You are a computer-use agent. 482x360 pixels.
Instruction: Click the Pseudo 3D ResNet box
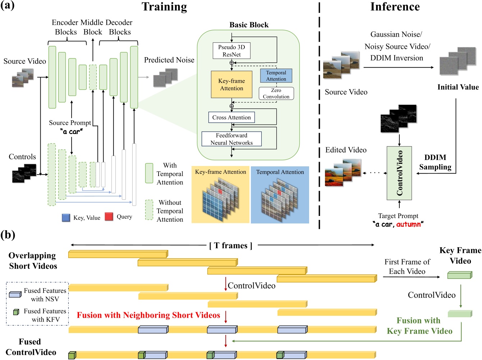coord(231,51)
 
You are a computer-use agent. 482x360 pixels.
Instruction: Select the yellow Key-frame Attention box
coord(231,84)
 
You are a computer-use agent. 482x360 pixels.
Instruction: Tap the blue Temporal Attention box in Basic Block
coord(276,76)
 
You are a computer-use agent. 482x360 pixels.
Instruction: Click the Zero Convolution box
coord(276,93)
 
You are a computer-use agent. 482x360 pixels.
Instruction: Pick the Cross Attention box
coord(231,117)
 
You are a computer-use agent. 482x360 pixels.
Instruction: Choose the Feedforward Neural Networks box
coord(231,139)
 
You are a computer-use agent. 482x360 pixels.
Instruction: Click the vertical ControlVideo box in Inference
coord(399,173)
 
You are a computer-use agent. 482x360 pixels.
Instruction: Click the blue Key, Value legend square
coord(66,217)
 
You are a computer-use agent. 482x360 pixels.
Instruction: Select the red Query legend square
coord(109,216)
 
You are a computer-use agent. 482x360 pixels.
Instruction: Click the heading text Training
coord(164,7)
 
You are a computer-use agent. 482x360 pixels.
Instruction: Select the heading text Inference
coord(395,7)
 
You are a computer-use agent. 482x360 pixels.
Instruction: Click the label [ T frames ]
coord(231,245)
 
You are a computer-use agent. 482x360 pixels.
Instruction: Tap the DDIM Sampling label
coord(435,162)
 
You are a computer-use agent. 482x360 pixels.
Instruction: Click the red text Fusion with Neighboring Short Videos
coord(148,315)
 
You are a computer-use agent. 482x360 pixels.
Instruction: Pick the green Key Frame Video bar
coord(459,276)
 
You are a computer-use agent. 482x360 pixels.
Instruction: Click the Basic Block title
coord(249,25)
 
